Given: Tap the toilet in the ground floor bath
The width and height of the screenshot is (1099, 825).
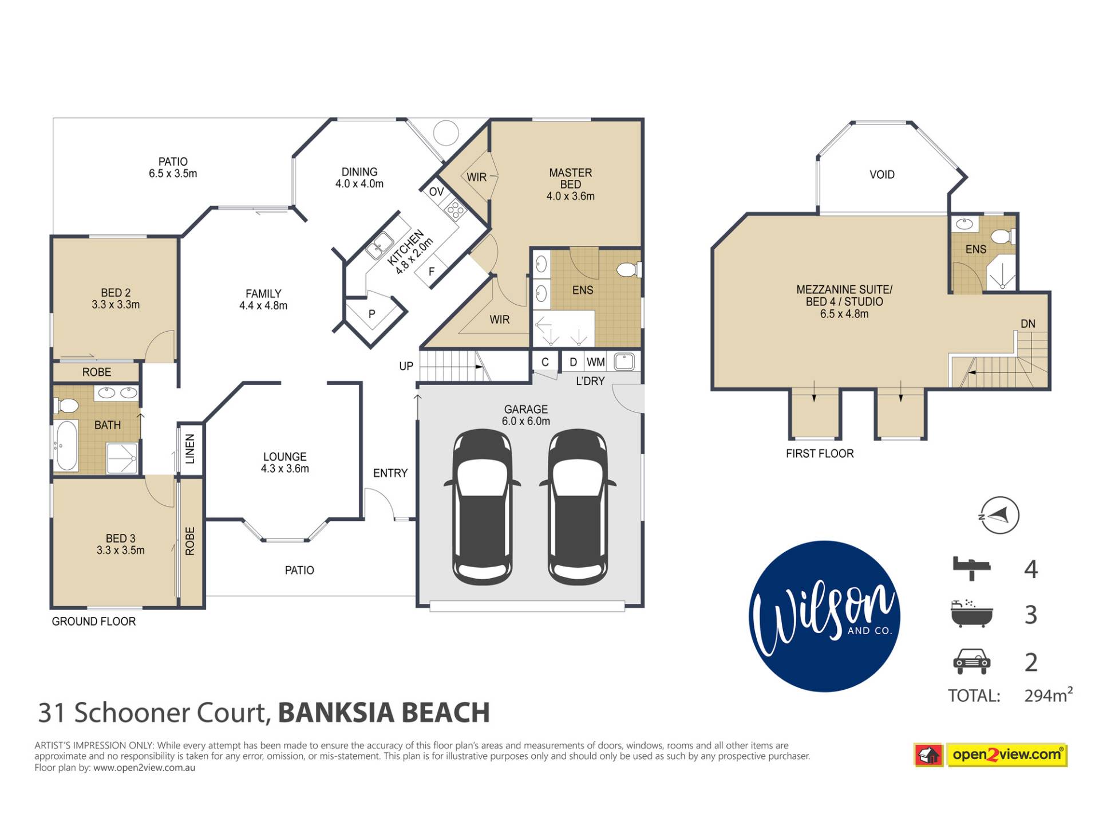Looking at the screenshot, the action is click(66, 406).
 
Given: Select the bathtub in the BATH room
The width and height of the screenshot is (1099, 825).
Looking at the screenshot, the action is click(66, 446).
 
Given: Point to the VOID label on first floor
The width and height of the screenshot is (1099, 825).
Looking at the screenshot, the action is click(881, 175).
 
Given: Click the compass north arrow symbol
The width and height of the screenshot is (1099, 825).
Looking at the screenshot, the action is click(999, 515).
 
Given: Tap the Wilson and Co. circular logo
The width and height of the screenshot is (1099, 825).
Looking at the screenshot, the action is click(824, 616).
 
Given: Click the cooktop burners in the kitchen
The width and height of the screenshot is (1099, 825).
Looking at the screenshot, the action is click(456, 210).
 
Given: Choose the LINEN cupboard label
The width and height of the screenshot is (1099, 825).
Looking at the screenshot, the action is click(190, 449).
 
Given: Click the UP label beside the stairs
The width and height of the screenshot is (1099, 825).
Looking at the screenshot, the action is click(406, 366).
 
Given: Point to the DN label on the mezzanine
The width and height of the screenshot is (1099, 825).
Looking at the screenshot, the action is click(1028, 324).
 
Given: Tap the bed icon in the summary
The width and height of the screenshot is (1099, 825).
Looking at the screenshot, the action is click(971, 568).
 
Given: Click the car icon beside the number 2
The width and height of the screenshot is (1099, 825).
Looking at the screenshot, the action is click(971, 661).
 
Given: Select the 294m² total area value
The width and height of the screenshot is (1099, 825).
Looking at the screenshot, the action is click(1048, 694).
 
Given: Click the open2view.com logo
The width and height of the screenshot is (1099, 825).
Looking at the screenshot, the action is click(991, 755).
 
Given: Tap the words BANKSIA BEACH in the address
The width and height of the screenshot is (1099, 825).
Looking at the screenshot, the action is click(384, 713).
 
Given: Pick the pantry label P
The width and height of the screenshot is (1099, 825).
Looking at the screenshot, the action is click(371, 314).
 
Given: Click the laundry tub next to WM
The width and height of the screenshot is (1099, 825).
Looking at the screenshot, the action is click(624, 362).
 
